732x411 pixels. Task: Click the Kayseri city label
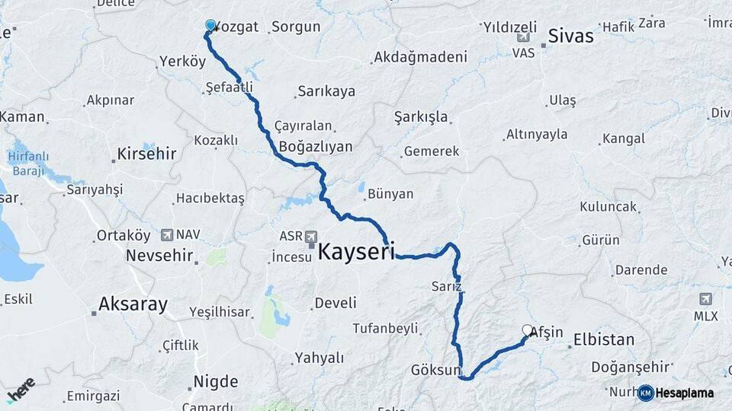click(x=355, y=252)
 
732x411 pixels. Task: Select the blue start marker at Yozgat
click(x=210, y=24)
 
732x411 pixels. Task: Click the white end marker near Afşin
click(x=527, y=330)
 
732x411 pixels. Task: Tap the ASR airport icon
click(x=311, y=237)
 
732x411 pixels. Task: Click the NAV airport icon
click(x=168, y=234)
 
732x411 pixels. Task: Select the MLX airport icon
click(x=705, y=298)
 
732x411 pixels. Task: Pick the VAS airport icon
click(x=523, y=37)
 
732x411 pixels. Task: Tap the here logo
click(x=21, y=388)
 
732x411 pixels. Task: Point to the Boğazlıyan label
click(x=316, y=146)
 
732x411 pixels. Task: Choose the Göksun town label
click(x=436, y=371)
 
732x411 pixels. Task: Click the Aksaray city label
click(x=133, y=305)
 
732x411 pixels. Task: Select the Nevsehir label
click(x=159, y=255)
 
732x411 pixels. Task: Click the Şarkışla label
click(x=421, y=117)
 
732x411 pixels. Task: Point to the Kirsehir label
click(x=146, y=154)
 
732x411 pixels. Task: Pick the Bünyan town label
click(x=390, y=194)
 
